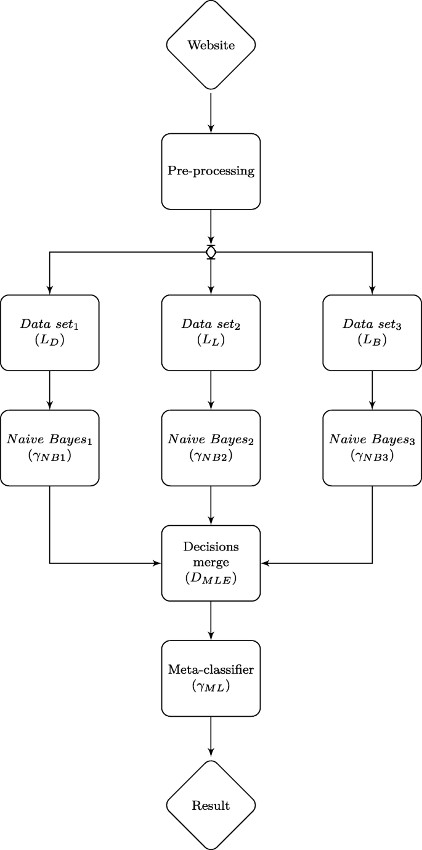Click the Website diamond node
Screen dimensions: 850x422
coord(211,45)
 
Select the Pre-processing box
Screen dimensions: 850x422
coord(211,171)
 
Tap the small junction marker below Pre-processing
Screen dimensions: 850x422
coord(211,252)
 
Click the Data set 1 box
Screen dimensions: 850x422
coord(50,332)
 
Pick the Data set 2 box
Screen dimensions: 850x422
coord(211,332)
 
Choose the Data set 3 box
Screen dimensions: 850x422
coord(372,332)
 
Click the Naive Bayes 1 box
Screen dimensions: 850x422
coord(50,447)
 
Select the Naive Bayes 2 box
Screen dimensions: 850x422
coord(211,447)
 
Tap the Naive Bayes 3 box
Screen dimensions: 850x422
coord(372,447)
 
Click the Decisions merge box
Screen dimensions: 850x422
coord(211,563)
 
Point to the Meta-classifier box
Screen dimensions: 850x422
coord(211,678)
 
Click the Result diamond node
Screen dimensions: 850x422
coord(211,805)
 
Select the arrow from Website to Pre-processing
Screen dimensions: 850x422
coord(211,112)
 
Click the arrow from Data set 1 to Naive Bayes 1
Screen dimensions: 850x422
coord(50,390)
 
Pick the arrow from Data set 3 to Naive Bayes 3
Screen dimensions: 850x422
coord(372,390)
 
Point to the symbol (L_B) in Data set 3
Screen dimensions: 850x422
coord(372,340)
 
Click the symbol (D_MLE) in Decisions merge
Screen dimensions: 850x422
coord(211,579)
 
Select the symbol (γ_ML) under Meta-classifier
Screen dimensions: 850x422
coord(211,687)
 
